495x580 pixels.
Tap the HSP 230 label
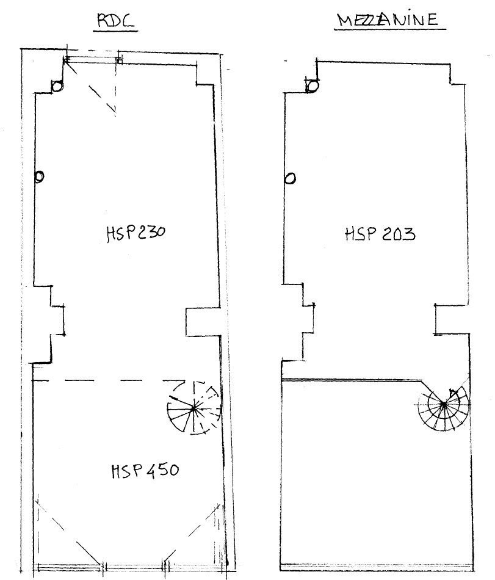point(135,234)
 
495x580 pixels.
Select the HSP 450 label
point(145,470)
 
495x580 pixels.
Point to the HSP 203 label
point(380,234)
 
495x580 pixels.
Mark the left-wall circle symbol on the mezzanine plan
point(291,179)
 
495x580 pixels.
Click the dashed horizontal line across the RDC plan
point(109,380)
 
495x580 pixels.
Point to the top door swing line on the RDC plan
point(90,86)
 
